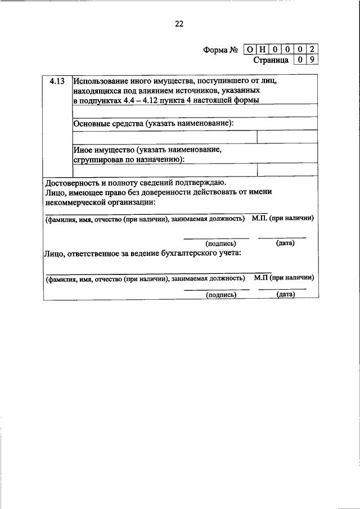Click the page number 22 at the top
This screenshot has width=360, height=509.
pyautogui.click(x=179, y=24)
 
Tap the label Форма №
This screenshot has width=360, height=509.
pyautogui.click(x=222, y=50)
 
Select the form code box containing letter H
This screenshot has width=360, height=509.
pyautogui.click(x=262, y=49)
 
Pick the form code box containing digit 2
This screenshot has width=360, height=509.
pyautogui.click(x=314, y=49)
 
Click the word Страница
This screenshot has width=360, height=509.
pyautogui.click(x=271, y=60)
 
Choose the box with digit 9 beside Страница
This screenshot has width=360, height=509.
pyautogui.click(x=314, y=60)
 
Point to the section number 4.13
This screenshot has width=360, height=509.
pyautogui.click(x=57, y=82)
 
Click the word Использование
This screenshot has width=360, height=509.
pyautogui.click(x=101, y=82)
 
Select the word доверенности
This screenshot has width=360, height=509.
pyautogui.click(x=160, y=192)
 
